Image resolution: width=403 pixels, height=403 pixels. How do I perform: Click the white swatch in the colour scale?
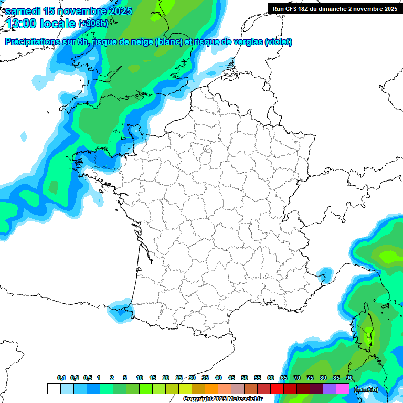pyautogui.click(x=54, y=388)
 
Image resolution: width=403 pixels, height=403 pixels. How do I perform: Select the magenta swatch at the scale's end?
pyautogui.click(x=342, y=388)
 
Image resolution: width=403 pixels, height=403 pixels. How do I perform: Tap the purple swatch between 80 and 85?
pyautogui.click(x=329, y=388)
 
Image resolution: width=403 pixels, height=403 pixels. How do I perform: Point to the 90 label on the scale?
pyautogui.click(x=349, y=378)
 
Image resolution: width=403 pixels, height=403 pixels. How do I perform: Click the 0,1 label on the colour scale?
pyautogui.click(x=61, y=378)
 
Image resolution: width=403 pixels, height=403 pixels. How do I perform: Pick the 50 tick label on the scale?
pyautogui.click(x=245, y=378)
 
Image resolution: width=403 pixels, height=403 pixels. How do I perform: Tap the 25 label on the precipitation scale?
pyautogui.click(x=179, y=378)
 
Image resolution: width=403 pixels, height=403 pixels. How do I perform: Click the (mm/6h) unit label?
pyautogui.click(x=366, y=389)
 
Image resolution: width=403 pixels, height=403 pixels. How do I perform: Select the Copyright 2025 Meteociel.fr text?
pyautogui.click(x=222, y=399)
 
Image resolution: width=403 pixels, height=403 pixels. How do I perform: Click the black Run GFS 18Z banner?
pyautogui.click(x=335, y=8)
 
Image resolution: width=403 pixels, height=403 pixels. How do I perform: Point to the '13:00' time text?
pyautogui.click(x=21, y=24)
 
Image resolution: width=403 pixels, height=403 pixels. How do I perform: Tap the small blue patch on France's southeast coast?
pyautogui.click(x=325, y=273)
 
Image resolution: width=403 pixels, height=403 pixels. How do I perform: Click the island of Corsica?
pyautogui.click(x=366, y=331)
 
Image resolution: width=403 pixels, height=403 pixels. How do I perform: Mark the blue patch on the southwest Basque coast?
pyautogui.click(x=120, y=310)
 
